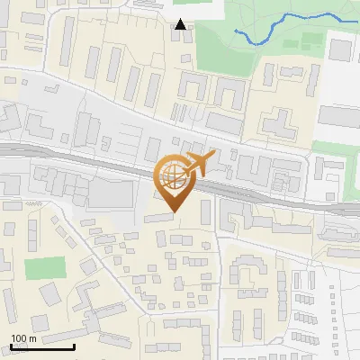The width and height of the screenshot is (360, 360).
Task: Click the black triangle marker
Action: (181, 24)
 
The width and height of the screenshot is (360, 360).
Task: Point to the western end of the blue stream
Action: (236, 31)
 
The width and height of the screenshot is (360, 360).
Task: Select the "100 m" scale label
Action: (24, 337)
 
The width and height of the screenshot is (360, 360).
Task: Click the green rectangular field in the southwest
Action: (45, 268)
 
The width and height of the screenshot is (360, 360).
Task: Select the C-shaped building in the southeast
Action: (244, 270)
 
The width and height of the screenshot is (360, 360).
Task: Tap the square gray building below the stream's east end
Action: (339, 49)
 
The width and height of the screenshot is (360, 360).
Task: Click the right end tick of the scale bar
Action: (74, 345)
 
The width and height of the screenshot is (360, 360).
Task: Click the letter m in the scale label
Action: (34, 337)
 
